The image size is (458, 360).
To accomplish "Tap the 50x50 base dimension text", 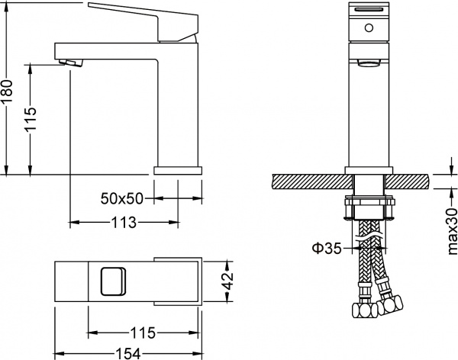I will click(122, 198).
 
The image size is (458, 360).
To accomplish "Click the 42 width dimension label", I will click(227, 281).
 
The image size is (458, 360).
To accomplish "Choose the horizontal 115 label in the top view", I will click(144, 333).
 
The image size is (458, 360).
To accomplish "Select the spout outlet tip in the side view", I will click(69, 56).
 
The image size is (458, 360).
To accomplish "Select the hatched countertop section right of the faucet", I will click(408, 182).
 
